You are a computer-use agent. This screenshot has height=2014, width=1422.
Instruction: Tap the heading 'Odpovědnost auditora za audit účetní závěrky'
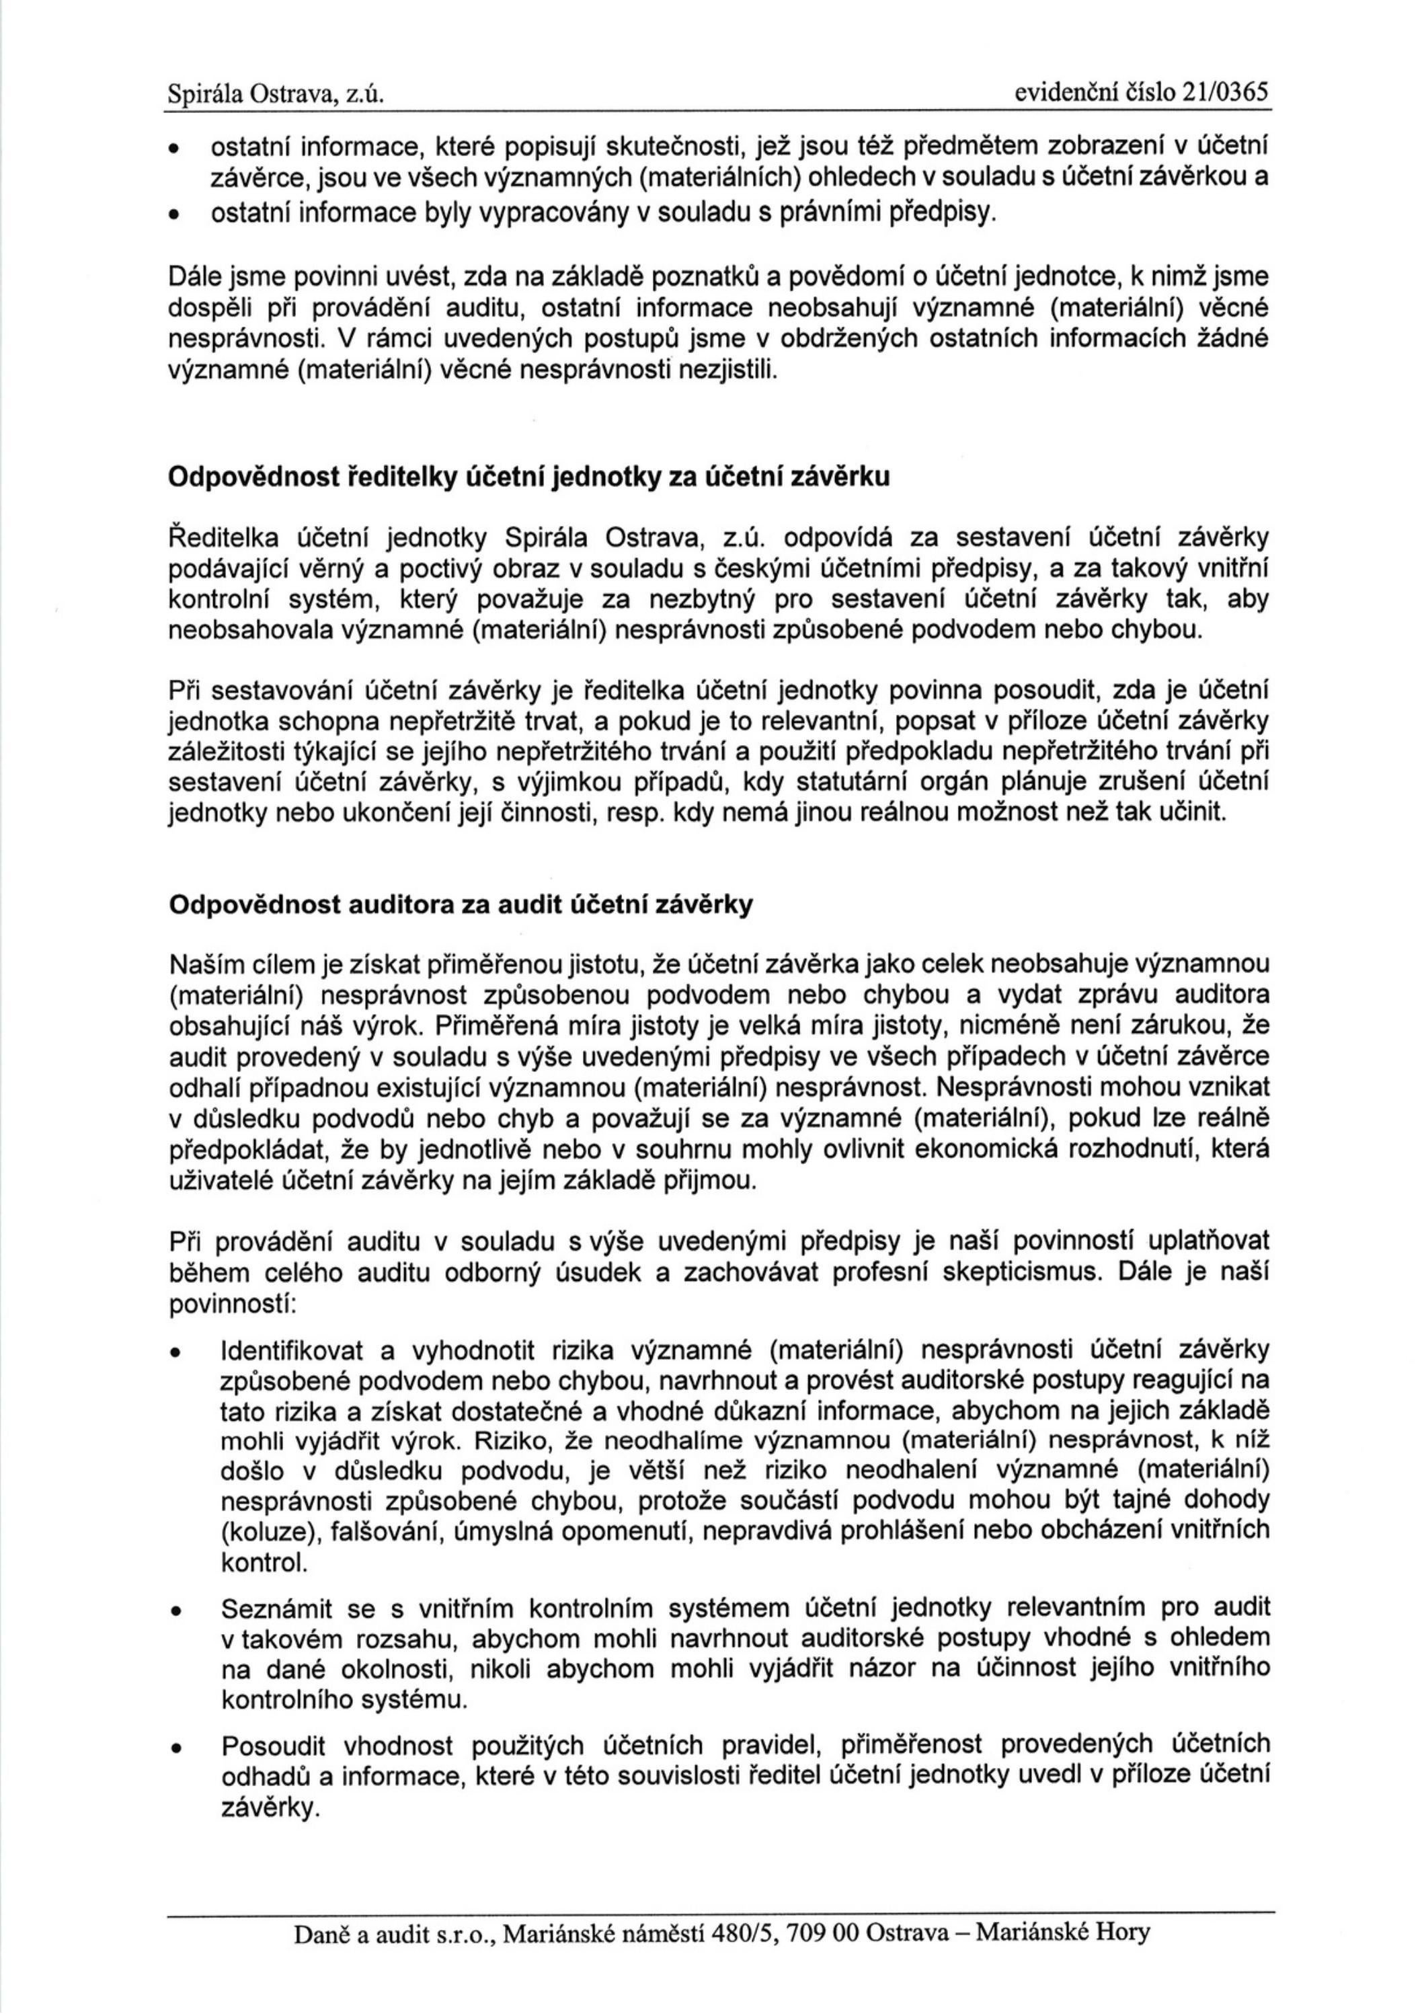461,904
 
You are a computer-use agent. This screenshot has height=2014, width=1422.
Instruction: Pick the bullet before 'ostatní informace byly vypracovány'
175,213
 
